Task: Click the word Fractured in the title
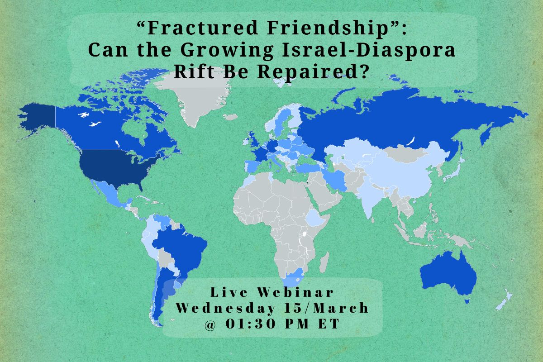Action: point(203,28)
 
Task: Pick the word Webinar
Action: point(295,292)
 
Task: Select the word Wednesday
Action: point(225,309)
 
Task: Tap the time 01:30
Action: point(251,324)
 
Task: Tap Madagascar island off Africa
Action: point(324,262)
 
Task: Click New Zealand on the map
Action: point(505,300)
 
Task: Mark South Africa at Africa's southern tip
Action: point(293,278)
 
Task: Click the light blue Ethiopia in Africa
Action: point(315,218)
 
